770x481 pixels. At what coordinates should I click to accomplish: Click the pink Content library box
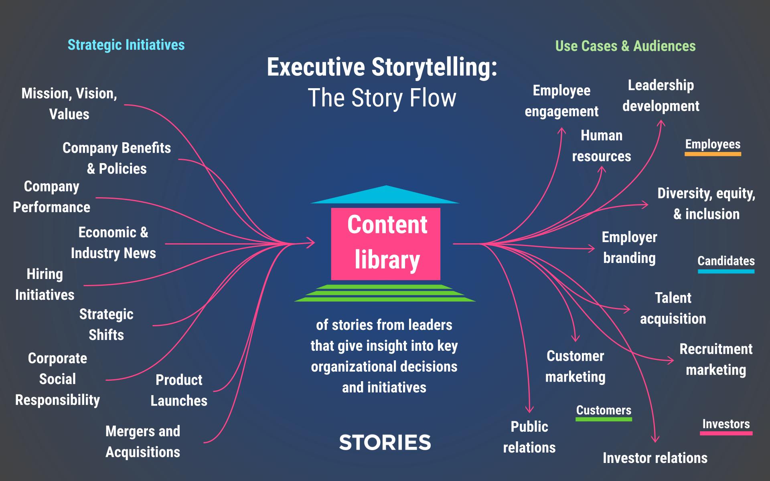coord(385,243)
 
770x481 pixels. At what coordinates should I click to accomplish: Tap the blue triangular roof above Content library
coord(385,196)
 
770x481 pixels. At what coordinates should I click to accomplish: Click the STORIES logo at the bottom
coord(385,443)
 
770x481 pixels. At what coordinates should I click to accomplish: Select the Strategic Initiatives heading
coord(126,45)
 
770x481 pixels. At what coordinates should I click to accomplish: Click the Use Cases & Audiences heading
coord(625,46)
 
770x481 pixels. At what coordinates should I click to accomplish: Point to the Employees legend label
coord(713,144)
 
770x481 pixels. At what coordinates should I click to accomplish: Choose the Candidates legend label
coord(726,261)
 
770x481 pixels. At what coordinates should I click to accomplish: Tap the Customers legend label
coord(604,410)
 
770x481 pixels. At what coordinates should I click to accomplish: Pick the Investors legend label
coord(726,424)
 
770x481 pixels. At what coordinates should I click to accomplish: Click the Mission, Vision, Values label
coord(69,104)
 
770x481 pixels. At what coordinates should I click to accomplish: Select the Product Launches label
coord(179,390)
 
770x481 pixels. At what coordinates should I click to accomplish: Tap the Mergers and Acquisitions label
coord(143,441)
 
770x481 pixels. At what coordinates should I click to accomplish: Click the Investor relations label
coord(655,458)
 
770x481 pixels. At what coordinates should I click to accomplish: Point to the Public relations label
coord(529,437)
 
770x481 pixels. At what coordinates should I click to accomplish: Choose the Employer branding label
coord(629,247)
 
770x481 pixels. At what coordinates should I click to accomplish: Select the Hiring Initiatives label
coord(45,285)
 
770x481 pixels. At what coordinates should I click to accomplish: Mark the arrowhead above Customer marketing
coord(575,339)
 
